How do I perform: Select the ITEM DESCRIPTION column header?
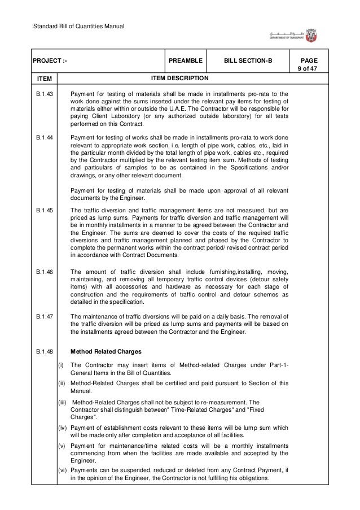point(178,78)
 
